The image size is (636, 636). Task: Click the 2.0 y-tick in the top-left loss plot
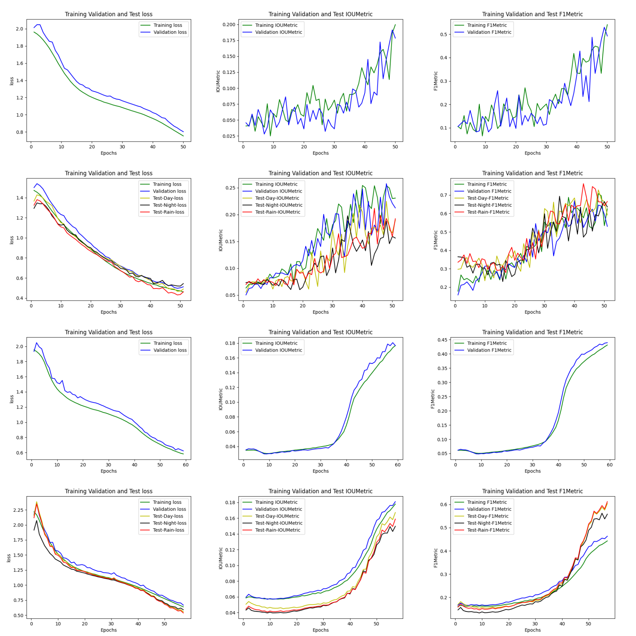(x=19, y=29)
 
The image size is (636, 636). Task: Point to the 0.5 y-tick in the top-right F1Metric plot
(x=443, y=35)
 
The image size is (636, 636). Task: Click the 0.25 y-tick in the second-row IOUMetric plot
(x=230, y=188)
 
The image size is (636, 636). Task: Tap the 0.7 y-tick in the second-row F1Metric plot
(x=443, y=195)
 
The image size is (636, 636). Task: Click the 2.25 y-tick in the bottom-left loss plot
(x=18, y=510)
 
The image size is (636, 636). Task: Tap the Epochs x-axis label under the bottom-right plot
(x=532, y=630)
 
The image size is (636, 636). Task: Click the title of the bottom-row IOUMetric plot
(x=320, y=491)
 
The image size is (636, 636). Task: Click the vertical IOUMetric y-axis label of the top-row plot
(x=218, y=81)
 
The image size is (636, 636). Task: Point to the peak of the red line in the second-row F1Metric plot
(x=584, y=184)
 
